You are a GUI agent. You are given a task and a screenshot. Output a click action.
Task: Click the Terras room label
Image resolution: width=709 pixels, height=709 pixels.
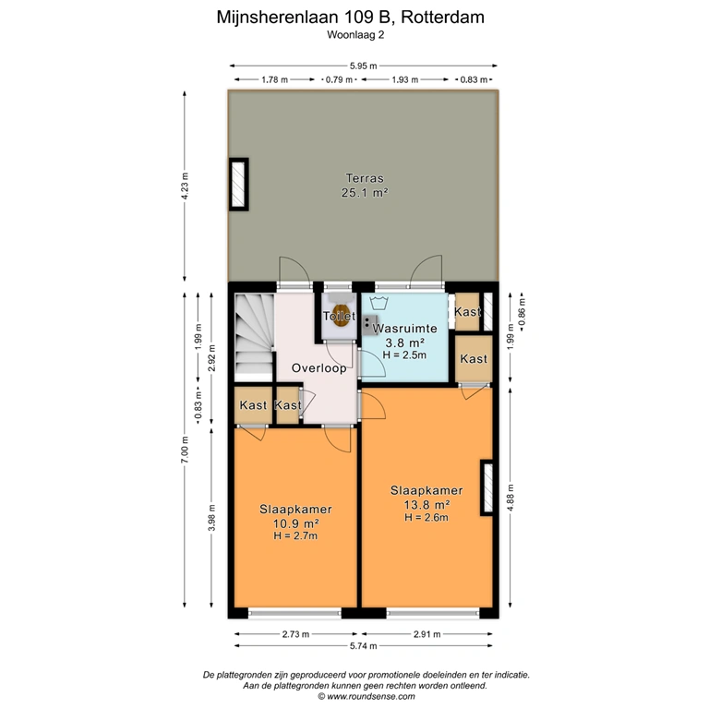point(365,178)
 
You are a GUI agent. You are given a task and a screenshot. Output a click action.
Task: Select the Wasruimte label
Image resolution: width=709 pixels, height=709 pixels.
point(404,329)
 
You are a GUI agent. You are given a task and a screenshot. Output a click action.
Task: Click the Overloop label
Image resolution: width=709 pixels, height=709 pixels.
point(318,368)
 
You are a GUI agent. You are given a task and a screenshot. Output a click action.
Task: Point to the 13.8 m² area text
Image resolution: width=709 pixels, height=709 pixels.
point(427,504)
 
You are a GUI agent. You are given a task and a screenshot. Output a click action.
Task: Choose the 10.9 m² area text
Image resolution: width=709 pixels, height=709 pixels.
point(295,523)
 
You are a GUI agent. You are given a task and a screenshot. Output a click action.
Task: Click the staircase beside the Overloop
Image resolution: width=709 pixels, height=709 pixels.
point(253,337)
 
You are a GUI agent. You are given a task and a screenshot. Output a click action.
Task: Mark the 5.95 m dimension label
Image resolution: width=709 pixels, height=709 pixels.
point(363,66)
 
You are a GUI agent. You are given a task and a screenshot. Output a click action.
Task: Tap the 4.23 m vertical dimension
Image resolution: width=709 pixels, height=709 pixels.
point(185,186)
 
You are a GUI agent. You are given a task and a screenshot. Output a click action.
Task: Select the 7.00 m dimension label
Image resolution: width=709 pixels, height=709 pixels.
point(185,450)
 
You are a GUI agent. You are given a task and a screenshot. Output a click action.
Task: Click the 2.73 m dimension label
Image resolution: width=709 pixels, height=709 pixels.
point(295,634)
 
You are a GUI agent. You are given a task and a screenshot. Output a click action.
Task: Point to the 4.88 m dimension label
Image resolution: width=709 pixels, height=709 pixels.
point(511,498)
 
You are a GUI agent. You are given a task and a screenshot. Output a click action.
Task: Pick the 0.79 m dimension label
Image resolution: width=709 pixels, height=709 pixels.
point(339,80)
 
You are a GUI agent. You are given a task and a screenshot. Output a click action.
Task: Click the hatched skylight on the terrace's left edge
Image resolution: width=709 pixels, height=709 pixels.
point(238,184)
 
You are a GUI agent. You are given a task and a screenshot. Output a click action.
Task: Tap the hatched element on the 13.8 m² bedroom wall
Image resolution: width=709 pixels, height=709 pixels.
point(487,487)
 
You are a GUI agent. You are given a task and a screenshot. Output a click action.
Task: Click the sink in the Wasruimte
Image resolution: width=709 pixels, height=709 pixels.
point(370,325)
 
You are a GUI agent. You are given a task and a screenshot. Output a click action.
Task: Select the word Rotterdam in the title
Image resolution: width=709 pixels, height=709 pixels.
point(442,18)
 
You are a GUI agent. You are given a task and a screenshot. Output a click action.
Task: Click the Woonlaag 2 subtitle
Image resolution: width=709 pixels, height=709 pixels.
point(355,35)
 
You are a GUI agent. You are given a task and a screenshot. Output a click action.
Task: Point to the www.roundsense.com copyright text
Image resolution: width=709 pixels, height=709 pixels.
point(366,696)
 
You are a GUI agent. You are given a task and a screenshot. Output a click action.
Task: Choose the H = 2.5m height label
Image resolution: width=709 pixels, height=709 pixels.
point(404,354)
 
